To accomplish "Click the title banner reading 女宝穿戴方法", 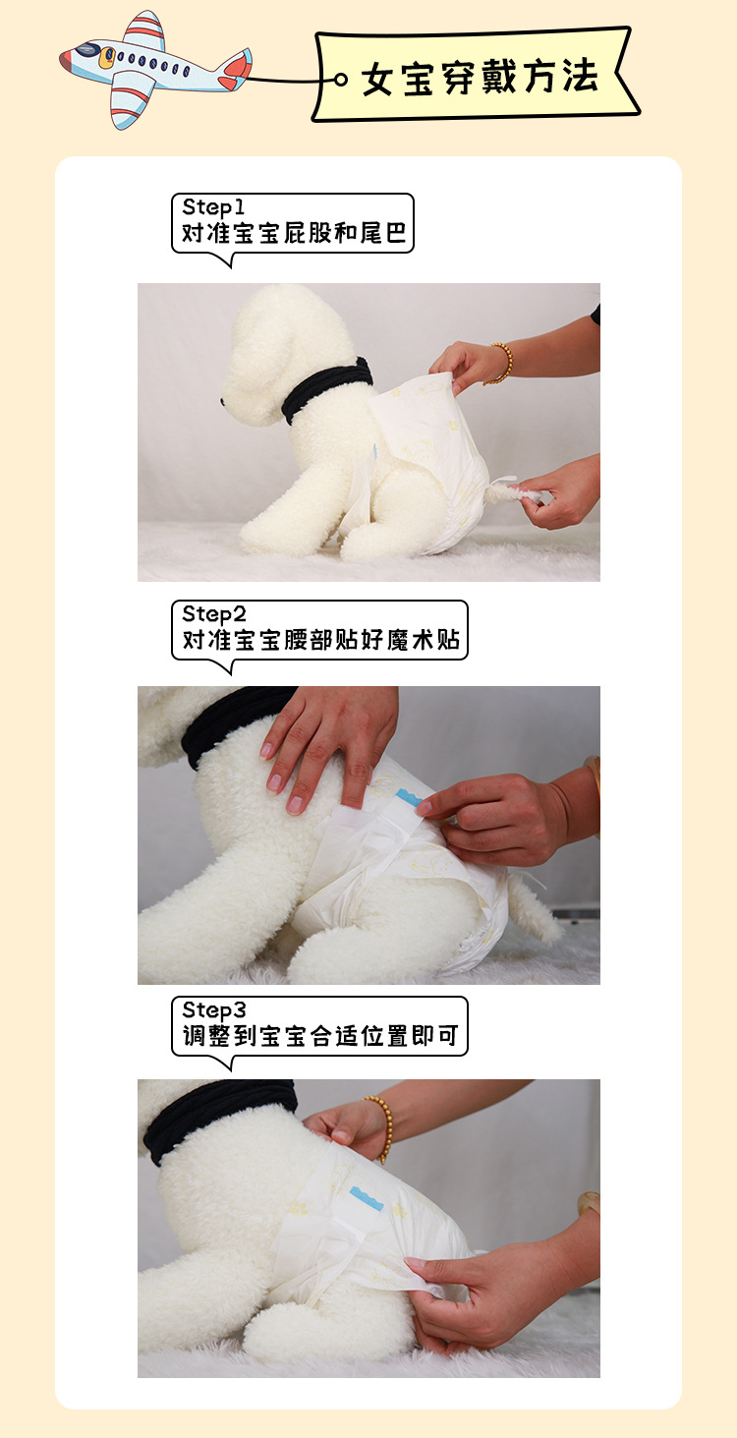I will pos(477,77).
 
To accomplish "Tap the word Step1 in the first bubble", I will pos(212,207).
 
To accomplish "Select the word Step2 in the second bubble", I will pos(213,614).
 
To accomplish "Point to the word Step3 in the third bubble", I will pos(213,1010).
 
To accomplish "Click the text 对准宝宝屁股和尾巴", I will pos(293,236).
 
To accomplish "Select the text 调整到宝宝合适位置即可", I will pos(320,1038).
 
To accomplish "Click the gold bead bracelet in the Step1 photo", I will pos(502,363).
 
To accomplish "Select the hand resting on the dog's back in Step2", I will pos(324,742).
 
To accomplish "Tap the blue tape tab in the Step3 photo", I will pos(368,1201).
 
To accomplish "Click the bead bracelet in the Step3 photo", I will pos(381,1125).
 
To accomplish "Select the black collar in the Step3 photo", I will pos(216,1116).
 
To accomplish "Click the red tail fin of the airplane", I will pos(236,68).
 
